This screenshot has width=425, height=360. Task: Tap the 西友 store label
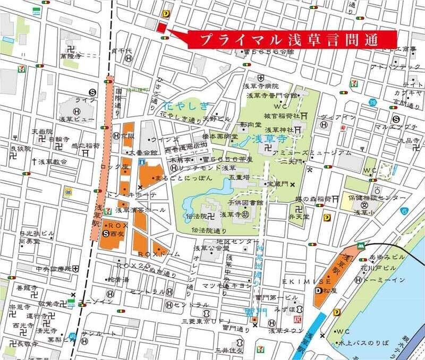point(118,233)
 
